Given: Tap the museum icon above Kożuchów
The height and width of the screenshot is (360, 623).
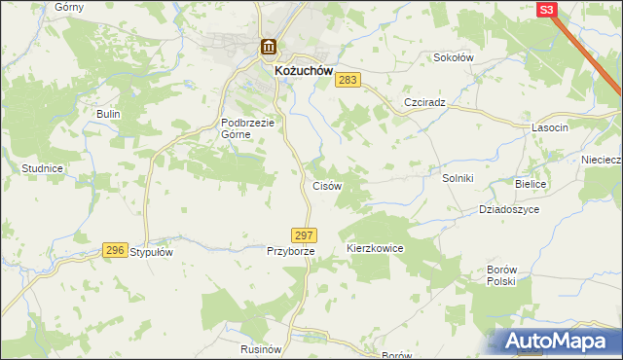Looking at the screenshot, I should [268, 48].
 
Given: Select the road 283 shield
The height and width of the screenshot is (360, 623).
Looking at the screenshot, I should [349, 81].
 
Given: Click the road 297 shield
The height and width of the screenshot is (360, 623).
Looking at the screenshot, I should [304, 235].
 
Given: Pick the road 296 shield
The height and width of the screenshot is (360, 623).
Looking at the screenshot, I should [115, 251].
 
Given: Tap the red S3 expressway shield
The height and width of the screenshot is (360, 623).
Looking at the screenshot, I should [547, 10].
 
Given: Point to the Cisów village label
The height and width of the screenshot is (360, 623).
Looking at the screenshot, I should [325, 186].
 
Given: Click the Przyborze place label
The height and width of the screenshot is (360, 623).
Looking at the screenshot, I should [291, 251].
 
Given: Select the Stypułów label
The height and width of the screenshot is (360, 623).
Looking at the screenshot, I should [151, 252].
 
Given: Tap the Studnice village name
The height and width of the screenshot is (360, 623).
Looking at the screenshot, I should [42, 168].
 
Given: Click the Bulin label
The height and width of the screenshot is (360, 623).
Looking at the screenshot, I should [107, 114].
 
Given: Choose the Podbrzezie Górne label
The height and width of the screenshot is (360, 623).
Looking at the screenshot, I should [249, 128].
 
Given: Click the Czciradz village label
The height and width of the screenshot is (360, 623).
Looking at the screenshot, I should [424, 102].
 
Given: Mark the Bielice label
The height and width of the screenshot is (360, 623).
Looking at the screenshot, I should [532, 184].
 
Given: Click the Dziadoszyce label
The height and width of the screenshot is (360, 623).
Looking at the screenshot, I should [508, 209].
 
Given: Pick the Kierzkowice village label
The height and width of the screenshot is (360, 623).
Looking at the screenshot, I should [375, 249].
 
